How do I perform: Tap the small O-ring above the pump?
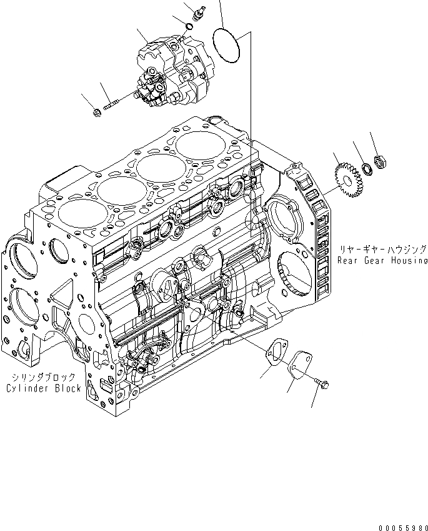[x=189, y=26]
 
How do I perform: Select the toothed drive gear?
[x=345, y=178]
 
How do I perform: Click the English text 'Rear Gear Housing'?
[x=382, y=260]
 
